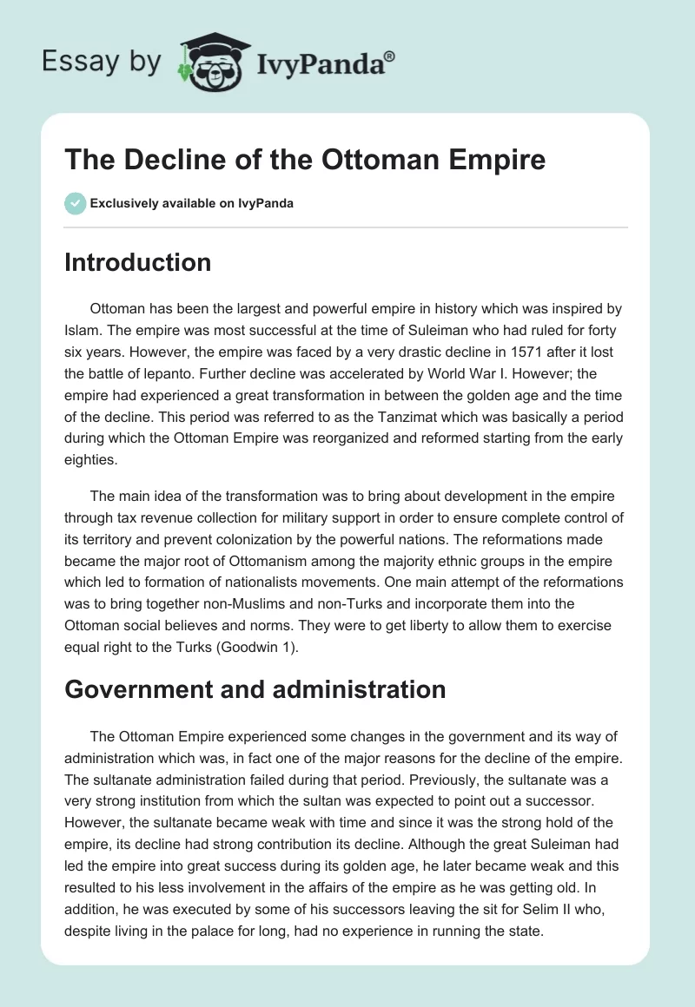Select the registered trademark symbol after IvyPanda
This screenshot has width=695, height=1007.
(x=390, y=56)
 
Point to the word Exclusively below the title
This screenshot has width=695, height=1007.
(x=122, y=203)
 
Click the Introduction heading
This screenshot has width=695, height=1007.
(x=137, y=262)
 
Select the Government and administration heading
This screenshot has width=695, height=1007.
(x=255, y=689)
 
